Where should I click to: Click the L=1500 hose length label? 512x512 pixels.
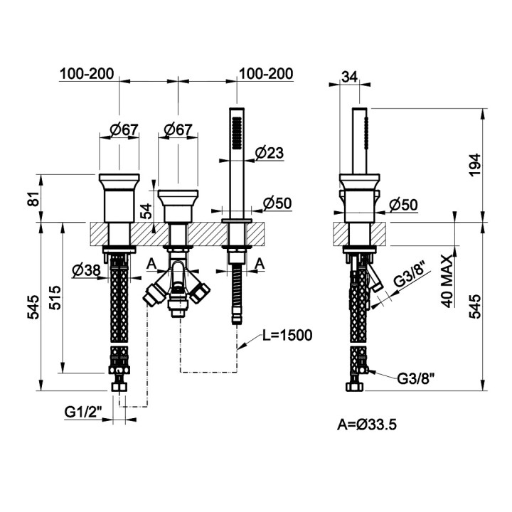click(287, 335)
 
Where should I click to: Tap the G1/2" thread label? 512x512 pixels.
click(83, 412)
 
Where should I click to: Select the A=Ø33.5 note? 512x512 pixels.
click(367, 425)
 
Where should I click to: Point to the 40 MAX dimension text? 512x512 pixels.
click(448, 281)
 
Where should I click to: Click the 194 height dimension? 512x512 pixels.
click(475, 165)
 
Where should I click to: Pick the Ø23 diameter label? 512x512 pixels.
click(270, 153)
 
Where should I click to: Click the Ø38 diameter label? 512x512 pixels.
click(86, 270)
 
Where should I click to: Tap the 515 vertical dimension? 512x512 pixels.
click(55, 297)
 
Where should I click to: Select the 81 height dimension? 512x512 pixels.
click(34, 198)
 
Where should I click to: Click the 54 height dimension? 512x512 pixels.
click(146, 210)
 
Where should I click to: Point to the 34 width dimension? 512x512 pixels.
click(349, 77)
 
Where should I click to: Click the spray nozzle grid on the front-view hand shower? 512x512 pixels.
click(235, 134)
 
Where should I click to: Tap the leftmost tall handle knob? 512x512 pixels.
click(119, 198)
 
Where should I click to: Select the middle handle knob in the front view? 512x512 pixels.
click(178, 206)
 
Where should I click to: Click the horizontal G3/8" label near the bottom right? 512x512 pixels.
click(416, 379)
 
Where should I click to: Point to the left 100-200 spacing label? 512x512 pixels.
click(87, 73)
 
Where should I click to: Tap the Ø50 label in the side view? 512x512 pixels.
click(404, 205)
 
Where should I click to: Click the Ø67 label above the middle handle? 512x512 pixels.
click(178, 130)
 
